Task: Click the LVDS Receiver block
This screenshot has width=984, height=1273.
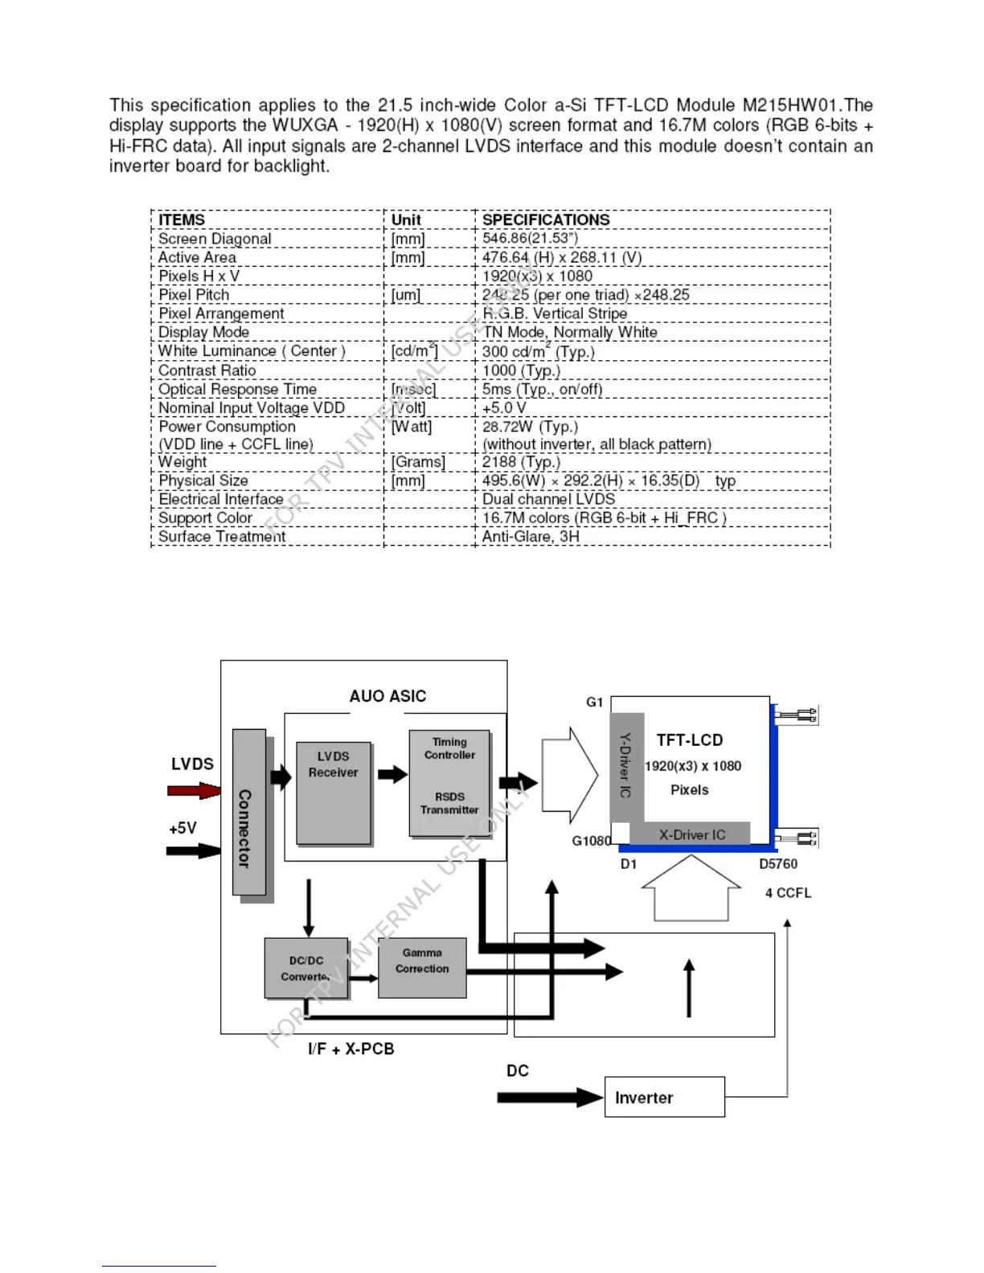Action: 334,792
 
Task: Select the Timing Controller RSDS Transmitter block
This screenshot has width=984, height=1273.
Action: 449,783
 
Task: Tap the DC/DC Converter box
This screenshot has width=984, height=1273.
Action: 306,968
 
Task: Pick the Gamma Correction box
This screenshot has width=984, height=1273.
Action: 422,968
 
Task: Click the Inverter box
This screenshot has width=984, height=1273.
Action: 664,1097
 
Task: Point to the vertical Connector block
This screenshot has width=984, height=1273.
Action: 248,812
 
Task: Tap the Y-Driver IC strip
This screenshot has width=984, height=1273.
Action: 626,767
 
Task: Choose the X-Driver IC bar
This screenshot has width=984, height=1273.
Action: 691,834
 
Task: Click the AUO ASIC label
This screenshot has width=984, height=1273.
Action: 387,696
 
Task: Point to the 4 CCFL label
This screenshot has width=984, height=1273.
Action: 788,893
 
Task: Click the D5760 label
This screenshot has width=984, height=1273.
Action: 778,864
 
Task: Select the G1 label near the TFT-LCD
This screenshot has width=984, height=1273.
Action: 595,702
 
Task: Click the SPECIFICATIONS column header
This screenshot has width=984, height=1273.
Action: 546,219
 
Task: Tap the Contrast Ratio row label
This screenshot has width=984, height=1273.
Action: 207,370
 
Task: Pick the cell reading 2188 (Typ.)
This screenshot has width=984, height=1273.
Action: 521,462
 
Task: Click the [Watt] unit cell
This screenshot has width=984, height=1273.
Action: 412,427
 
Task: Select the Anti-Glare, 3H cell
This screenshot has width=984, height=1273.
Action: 531,536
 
